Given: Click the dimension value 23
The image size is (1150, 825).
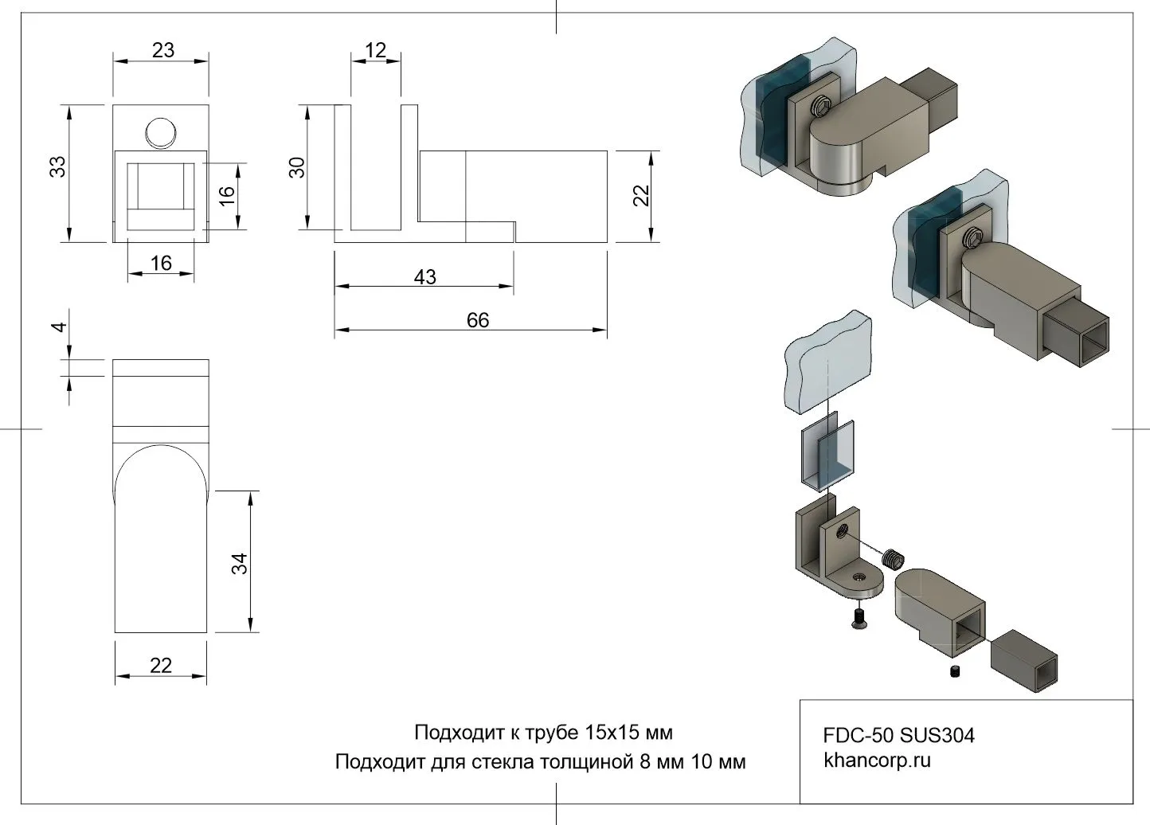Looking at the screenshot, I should click(162, 50).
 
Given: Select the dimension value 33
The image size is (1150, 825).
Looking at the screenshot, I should click(57, 166).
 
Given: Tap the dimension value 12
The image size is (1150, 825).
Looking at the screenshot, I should click(374, 50).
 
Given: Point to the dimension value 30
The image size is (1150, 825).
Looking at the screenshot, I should click(296, 167).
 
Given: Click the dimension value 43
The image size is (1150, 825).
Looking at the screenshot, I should click(424, 276).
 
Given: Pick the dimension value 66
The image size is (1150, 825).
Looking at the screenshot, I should click(477, 320).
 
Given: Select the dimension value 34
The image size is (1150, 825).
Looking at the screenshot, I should click(240, 563).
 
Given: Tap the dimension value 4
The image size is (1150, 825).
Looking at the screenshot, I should click(57, 328).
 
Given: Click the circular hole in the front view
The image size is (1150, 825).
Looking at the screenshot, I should click(161, 131).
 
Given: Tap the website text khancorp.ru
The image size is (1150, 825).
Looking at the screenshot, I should click(877, 760).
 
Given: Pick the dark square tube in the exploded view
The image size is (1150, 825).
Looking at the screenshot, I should click(1026, 661).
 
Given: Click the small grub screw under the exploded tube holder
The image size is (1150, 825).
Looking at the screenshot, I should click(954, 673).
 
